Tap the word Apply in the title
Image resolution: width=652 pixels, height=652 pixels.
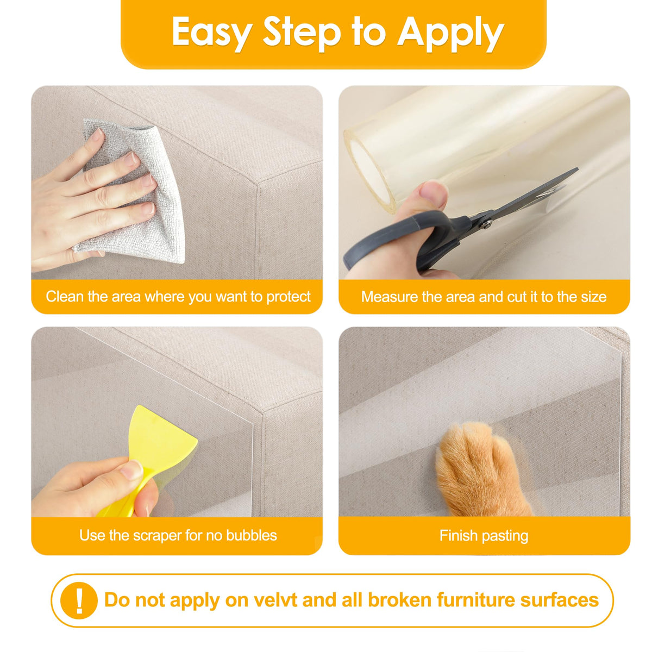point(450,34)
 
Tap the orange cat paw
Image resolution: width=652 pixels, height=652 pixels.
point(480,471)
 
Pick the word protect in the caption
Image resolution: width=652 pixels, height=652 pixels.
point(288,297)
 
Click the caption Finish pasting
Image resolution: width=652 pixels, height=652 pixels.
point(484,536)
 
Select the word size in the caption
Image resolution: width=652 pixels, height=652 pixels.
point(594,297)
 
